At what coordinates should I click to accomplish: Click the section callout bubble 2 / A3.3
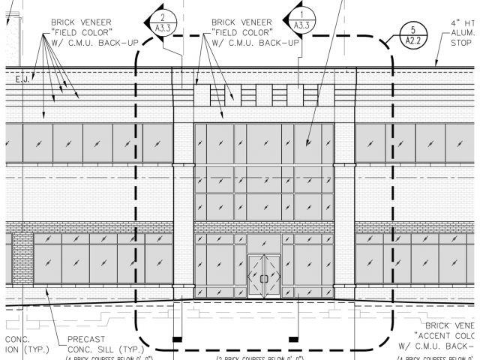(x=161, y=20)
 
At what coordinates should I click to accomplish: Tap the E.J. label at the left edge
(x=22, y=78)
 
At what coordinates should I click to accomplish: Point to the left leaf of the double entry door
(x=256, y=278)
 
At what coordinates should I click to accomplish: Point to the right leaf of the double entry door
(x=271, y=278)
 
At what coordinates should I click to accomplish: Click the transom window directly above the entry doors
(x=264, y=244)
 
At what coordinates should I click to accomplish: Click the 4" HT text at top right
(x=464, y=22)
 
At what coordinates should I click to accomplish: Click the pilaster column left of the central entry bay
(x=184, y=225)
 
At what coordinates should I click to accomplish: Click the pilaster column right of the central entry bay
(x=344, y=225)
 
